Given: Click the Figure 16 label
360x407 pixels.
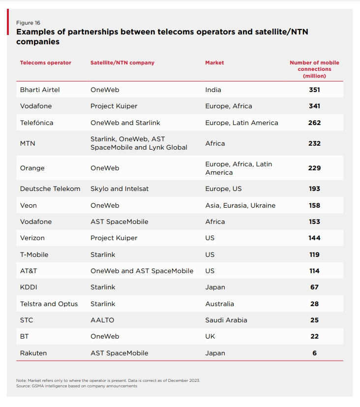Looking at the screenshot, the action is click(x=28, y=23).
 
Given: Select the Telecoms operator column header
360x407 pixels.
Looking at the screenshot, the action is click(x=45, y=63).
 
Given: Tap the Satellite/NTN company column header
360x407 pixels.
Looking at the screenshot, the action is click(x=122, y=63).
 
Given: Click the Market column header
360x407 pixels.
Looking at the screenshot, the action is click(x=214, y=63).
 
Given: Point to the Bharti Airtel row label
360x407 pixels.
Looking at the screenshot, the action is click(x=40, y=90).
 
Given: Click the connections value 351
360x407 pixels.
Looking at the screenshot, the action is click(x=314, y=90).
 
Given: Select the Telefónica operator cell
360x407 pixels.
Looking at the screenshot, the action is click(x=36, y=123).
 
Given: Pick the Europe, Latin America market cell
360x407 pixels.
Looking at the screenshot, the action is click(x=241, y=123).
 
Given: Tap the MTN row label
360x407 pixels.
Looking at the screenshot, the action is click(x=28, y=143).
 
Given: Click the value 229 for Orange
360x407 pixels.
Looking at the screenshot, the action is click(x=314, y=168).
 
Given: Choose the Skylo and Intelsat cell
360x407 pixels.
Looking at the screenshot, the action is click(x=120, y=188).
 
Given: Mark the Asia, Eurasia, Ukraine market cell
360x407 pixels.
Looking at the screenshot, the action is click(x=240, y=205).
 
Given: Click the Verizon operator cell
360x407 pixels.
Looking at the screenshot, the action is click(x=32, y=238).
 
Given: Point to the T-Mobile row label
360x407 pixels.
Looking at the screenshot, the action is click(x=34, y=254).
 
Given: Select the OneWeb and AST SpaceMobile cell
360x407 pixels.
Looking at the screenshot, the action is click(x=142, y=271).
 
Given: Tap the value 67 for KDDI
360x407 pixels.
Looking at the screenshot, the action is click(x=314, y=287).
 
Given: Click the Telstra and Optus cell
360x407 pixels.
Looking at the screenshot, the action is click(x=49, y=304).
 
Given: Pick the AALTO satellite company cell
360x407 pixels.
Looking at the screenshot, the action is click(x=102, y=320).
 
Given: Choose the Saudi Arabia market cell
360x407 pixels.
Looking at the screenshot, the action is click(x=226, y=320).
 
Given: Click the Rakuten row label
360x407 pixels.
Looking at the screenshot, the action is click(x=33, y=353).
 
